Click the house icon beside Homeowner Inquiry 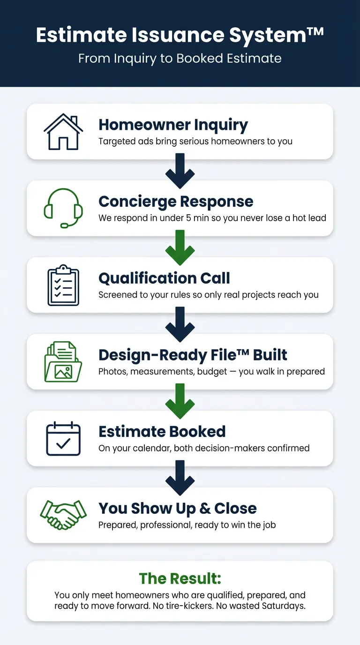[63, 132]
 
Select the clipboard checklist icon [63, 285]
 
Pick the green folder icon [63, 362]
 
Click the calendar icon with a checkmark [63, 439]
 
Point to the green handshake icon [63, 515]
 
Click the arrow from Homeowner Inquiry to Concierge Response [180, 172]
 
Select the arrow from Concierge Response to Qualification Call [180, 248]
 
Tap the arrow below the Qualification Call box [180, 324]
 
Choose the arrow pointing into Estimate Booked [180, 401]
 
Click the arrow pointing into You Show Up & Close [180, 478]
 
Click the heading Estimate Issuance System [180, 35]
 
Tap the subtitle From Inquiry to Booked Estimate [180, 59]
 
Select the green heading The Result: [180, 578]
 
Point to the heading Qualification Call [164, 278]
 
